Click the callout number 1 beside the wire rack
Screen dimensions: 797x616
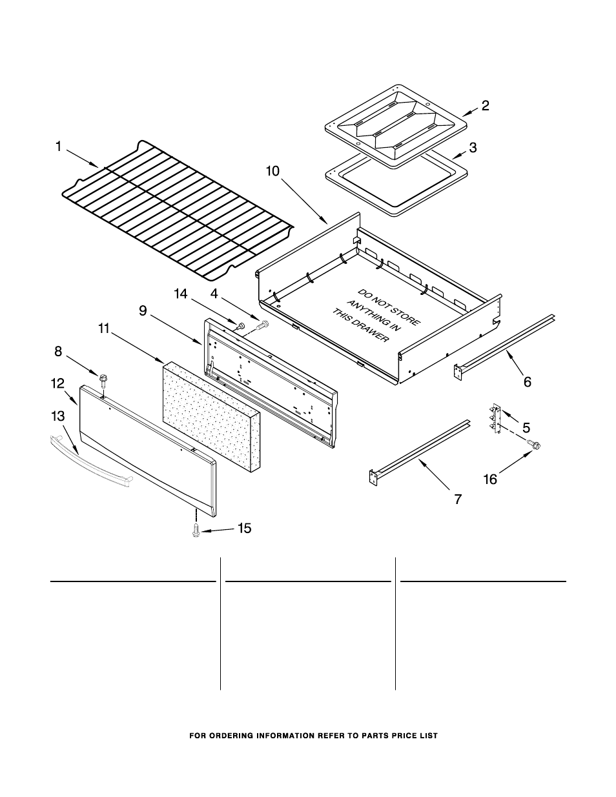coord(58,147)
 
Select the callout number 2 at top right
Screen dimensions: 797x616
coord(485,106)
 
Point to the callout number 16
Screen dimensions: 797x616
coord(491,479)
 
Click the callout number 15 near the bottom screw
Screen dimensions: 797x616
coord(244,529)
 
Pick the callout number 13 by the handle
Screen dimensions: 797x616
coord(58,416)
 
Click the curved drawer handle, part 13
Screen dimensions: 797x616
coord(90,462)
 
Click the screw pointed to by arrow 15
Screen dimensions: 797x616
coord(194,530)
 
